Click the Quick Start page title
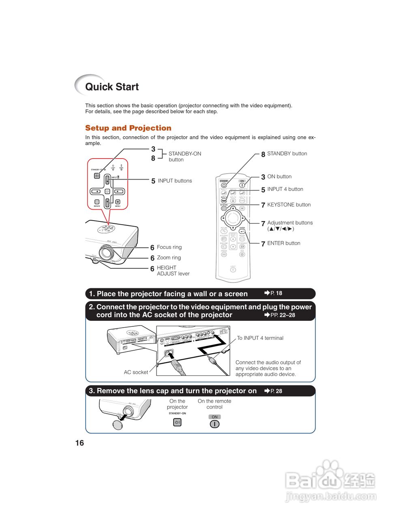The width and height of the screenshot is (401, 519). pos(112,87)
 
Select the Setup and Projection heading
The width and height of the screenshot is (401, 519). pos(128,128)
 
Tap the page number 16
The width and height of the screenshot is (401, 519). pos(79,443)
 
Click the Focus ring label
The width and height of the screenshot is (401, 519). pos(169,247)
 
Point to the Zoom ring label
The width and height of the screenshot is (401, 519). pos(169,257)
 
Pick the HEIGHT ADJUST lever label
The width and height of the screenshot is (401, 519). pos(173,270)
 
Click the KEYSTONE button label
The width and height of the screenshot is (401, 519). pos(289,205)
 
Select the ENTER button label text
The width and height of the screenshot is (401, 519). pos(283,243)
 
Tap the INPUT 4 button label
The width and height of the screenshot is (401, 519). pos(285,189)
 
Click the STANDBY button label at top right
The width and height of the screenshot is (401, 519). pos(287,154)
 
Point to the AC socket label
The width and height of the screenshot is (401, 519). pos(136,372)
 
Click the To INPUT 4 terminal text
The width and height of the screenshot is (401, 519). pos(260,338)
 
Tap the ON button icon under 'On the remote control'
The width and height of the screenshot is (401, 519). pos(214,424)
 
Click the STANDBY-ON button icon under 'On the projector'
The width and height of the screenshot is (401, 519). pos(177,422)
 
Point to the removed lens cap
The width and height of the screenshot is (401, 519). pos(118,424)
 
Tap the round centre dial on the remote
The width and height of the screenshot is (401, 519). pos(233,218)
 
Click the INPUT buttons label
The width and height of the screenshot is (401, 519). pos(175,181)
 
